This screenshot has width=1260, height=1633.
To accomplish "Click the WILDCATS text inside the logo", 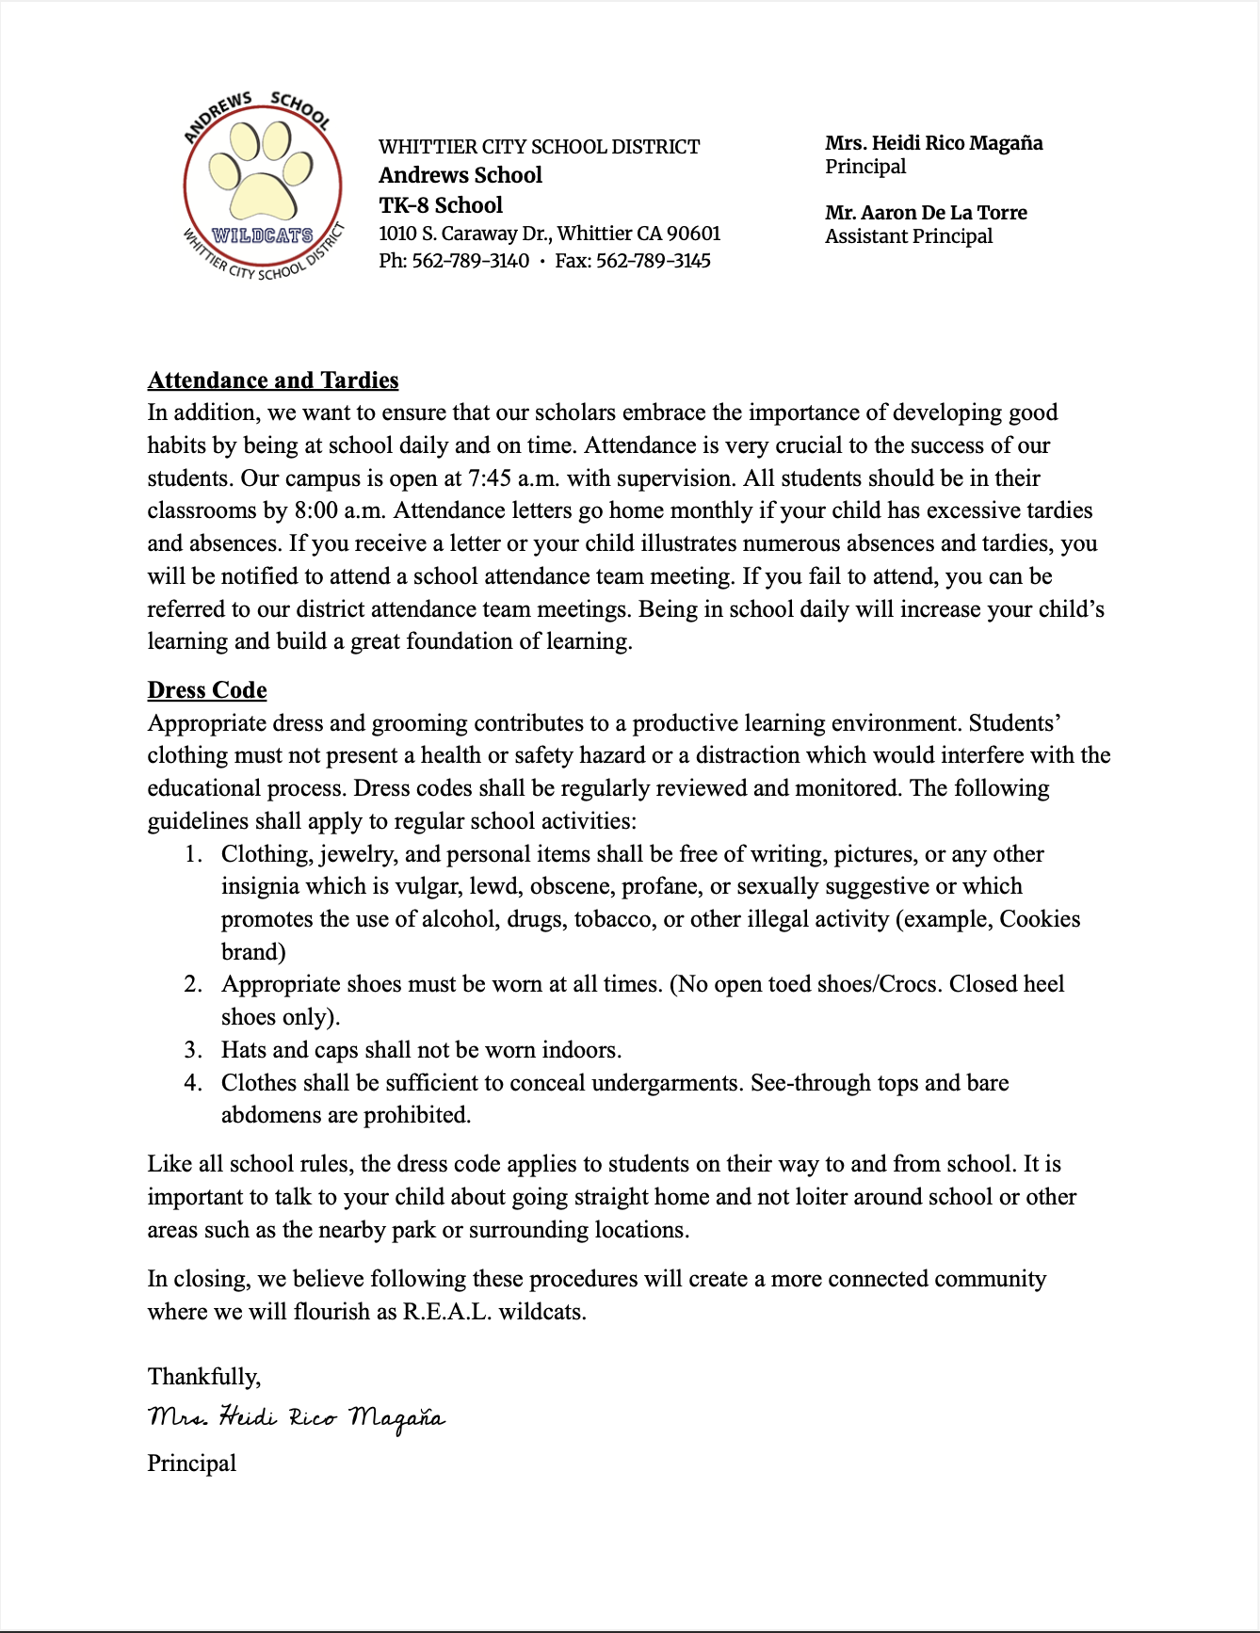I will [x=263, y=234].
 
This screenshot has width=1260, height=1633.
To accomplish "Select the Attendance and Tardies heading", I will [x=273, y=380].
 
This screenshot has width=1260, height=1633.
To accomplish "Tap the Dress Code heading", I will [x=207, y=690].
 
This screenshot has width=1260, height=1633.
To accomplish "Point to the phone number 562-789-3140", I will [x=471, y=261].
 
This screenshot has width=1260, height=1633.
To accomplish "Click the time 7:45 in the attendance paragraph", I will [x=490, y=478].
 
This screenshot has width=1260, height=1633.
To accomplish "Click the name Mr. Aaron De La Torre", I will [x=926, y=213].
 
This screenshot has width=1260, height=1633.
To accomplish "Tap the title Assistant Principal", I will [x=909, y=236].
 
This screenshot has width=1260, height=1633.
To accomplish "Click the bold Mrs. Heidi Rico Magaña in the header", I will [x=934, y=143].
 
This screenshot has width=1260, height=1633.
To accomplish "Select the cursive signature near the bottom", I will [x=296, y=1418].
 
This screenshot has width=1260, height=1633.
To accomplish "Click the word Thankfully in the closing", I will [x=203, y=1377].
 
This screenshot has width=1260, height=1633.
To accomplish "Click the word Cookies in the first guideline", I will [x=1040, y=919].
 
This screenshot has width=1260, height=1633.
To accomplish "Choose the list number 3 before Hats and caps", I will [x=192, y=1050].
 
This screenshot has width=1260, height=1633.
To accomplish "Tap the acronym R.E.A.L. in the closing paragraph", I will [x=446, y=1312].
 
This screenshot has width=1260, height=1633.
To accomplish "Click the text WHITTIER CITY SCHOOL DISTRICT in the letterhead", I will [x=539, y=147].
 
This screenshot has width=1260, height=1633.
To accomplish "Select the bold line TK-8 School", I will [x=441, y=205].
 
